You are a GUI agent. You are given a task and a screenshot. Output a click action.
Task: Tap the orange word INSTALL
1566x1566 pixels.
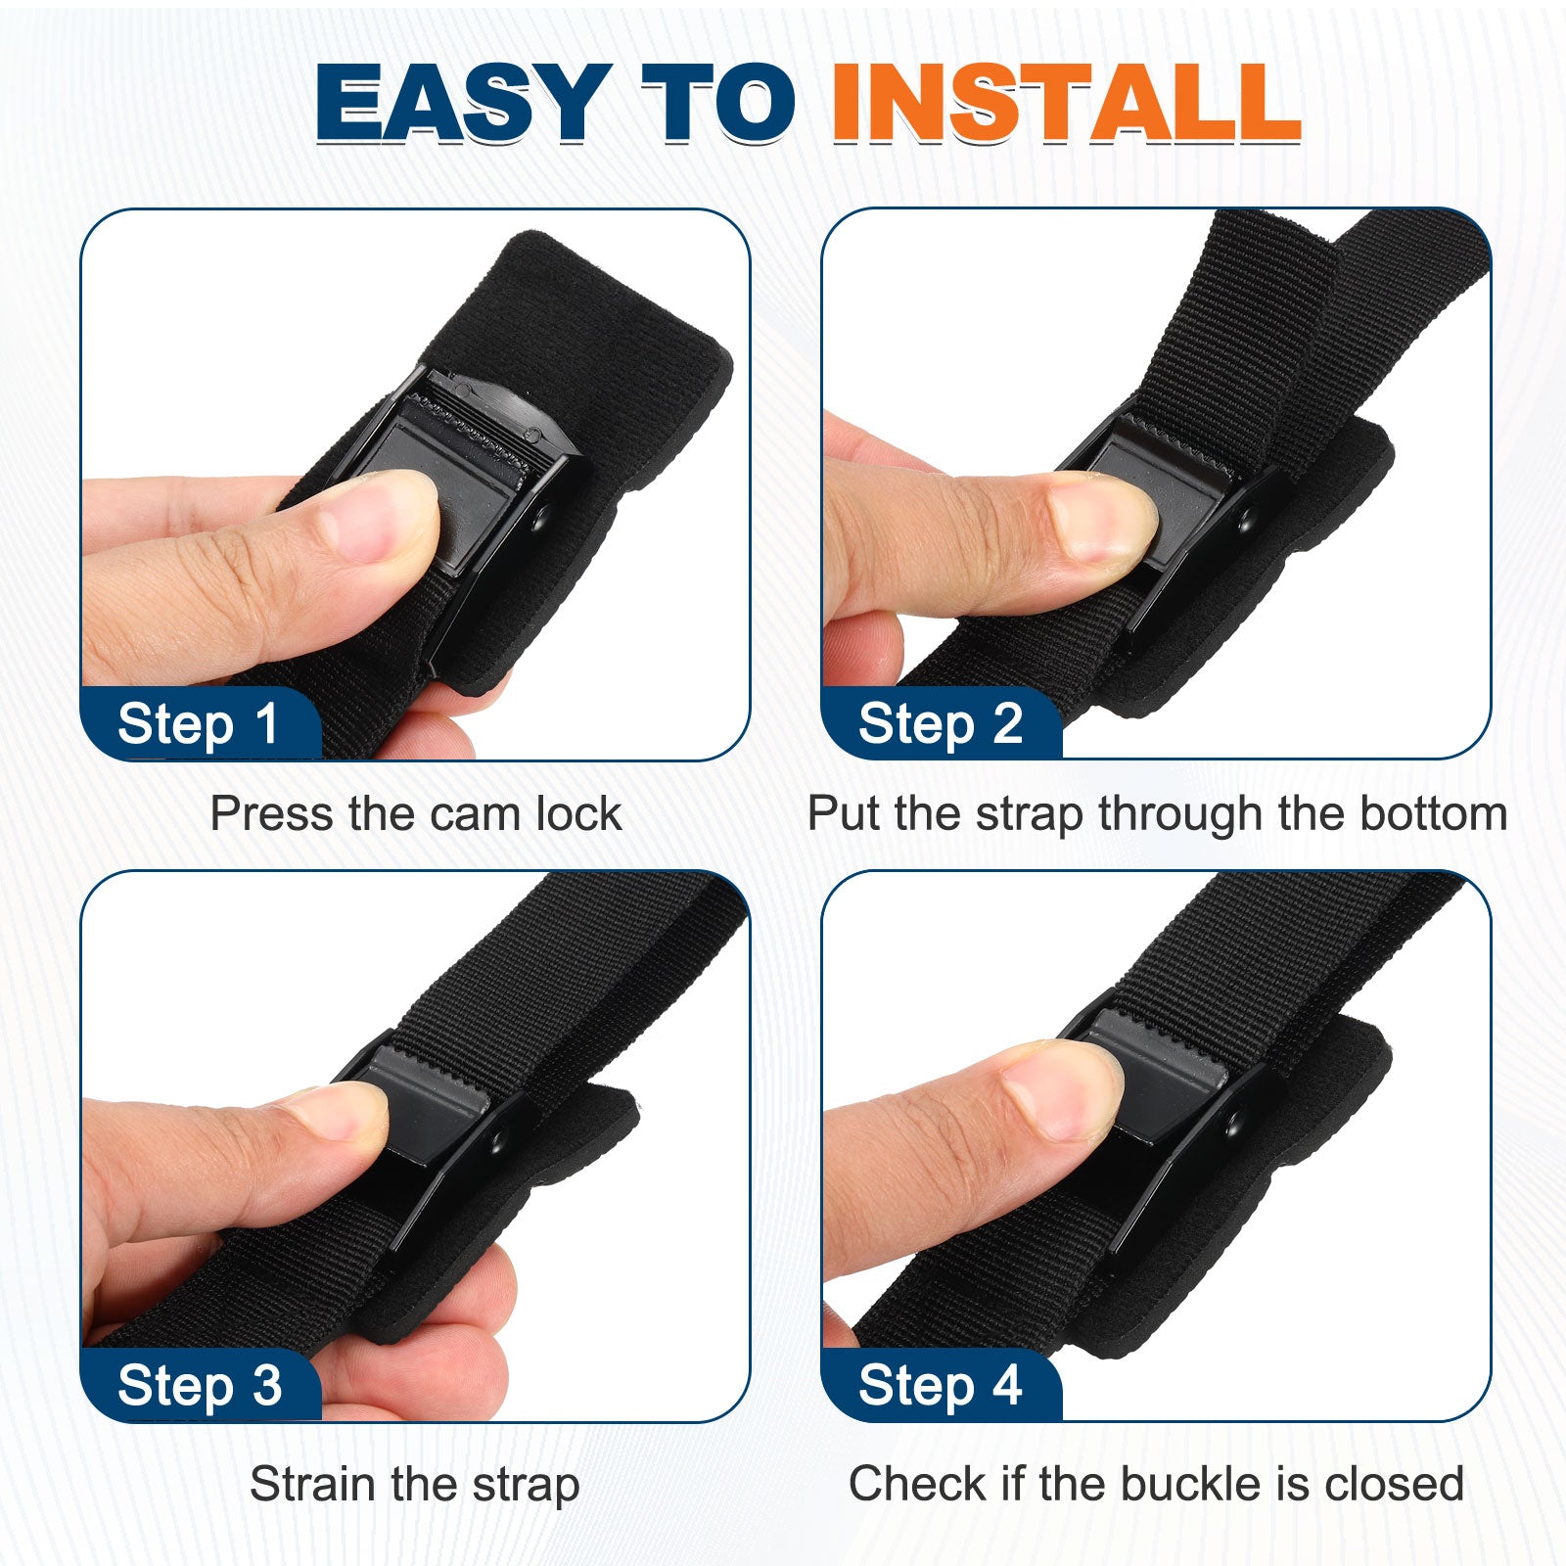tap(1067, 102)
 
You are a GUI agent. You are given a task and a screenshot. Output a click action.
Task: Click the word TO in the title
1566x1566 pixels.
tap(718, 102)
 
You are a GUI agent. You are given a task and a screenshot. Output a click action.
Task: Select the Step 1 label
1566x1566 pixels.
tap(199, 724)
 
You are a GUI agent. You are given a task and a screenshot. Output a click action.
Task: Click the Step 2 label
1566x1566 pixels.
tap(940, 724)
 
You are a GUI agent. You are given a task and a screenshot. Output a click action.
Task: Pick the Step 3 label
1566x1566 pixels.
tap(200, 1386)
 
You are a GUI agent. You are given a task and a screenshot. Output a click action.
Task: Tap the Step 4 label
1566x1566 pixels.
tap(940, 1386)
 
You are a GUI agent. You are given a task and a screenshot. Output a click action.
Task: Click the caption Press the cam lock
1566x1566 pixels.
tap(416, 813)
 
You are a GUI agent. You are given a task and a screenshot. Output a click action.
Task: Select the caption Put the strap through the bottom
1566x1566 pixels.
tap(1157, 814)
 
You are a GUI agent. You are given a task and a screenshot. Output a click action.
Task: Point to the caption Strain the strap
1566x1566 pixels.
tap(415, 1485)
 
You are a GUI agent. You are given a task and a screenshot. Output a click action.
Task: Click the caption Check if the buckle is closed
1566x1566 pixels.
tap(1156, 1484)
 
